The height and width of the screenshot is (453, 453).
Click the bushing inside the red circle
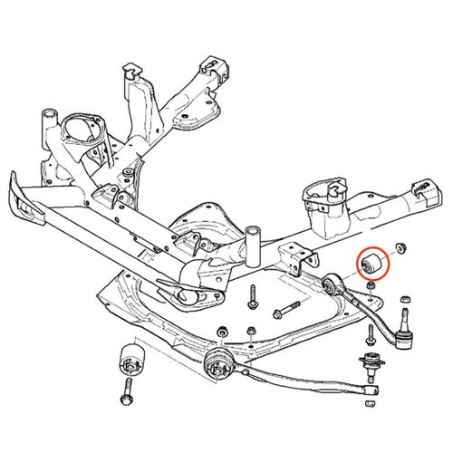pyautogui.click(x=372, y=264)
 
